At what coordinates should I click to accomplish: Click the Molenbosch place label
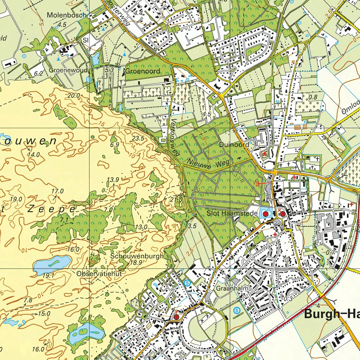(x=63, y=15)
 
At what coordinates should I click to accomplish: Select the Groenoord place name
(x=143, y=71)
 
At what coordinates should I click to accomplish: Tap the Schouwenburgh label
(x=137, y=256)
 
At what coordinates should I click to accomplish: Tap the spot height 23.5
(x=138, y=139)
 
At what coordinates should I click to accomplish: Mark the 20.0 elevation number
(x=74, y=95)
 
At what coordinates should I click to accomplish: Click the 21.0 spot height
(x=176, y=199)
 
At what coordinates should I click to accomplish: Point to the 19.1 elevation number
(x=48, y=276)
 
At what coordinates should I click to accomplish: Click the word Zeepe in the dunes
(x=51, y=209)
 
